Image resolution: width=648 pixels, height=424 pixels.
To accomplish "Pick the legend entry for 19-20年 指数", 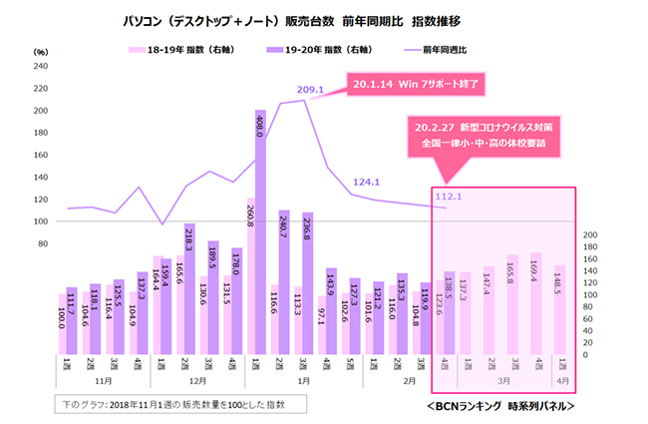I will pos(328,47).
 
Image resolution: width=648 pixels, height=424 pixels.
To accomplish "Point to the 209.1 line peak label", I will pos(311,90).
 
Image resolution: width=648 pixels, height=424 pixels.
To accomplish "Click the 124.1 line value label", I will pos(368,182).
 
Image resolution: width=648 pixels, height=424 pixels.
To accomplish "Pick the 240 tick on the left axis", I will pos(41,67).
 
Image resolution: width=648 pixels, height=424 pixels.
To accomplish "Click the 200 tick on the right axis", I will pos(589,235).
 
